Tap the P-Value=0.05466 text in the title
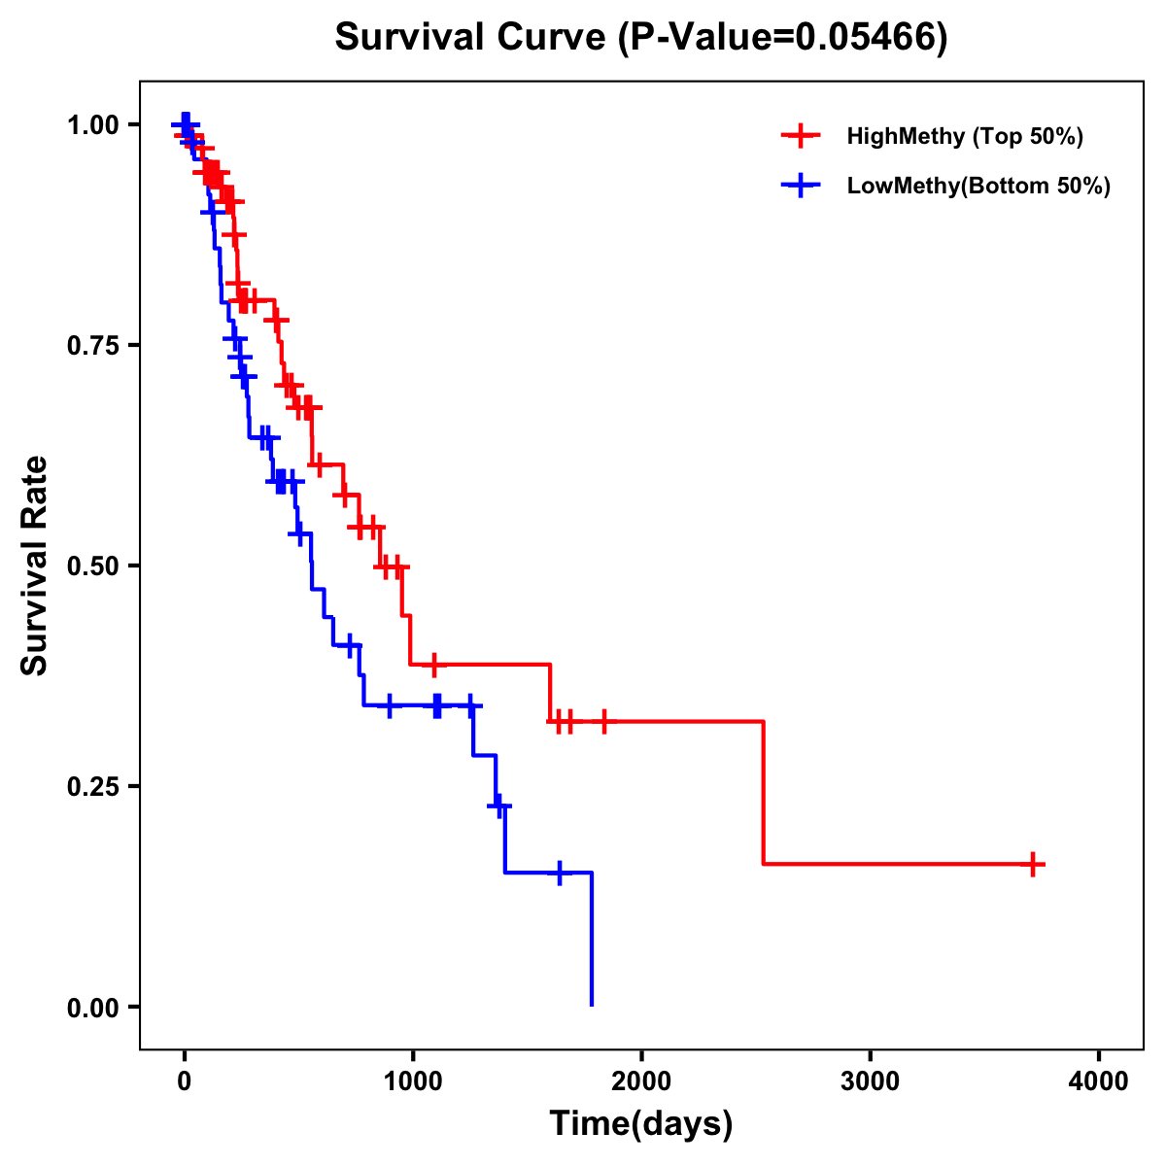click(782, 38)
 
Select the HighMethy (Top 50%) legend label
click(964, 136)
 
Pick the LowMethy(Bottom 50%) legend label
click(978, 186)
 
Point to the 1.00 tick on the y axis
click(92, 125)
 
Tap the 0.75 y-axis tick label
click(92, 346)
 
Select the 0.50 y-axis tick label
click(92, 566)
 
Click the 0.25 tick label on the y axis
click(92, 787)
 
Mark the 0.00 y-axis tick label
click(92, 1008)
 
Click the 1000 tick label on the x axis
click(413, 1082)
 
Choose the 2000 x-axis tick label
click(641, 1082)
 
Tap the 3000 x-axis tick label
click(871, 1082)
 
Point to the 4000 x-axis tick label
click(1099, 1082)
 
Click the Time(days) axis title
click(641, 1124)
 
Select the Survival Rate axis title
click(36, 566)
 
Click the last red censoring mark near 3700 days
click(1034, 864)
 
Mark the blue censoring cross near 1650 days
click(560, 873)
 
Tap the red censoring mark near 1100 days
click(433, 665)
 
